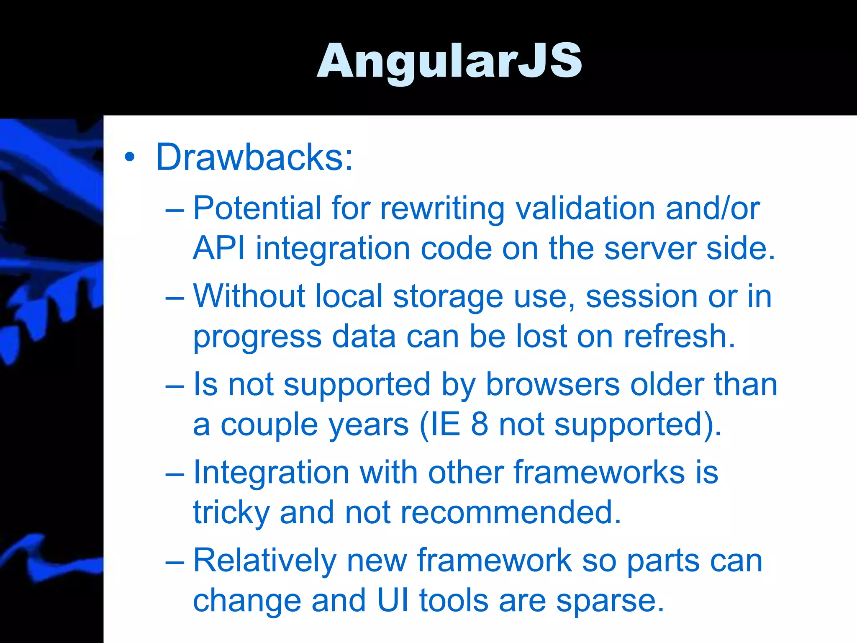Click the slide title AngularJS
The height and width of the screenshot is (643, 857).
coord(449,61)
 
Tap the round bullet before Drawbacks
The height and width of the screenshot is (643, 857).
coord(130,158)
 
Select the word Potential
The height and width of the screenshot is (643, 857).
coord(257,208)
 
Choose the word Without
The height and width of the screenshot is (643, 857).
coord(249,296)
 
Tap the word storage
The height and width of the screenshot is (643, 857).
coord(448,296)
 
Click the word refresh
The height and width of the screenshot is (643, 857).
coord(679,336)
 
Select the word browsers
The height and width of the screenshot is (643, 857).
coord(552,384)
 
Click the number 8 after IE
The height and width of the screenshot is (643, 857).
coord(480,424)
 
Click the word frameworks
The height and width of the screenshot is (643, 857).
coord(599,472)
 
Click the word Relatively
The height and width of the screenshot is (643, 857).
coord(264,561)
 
